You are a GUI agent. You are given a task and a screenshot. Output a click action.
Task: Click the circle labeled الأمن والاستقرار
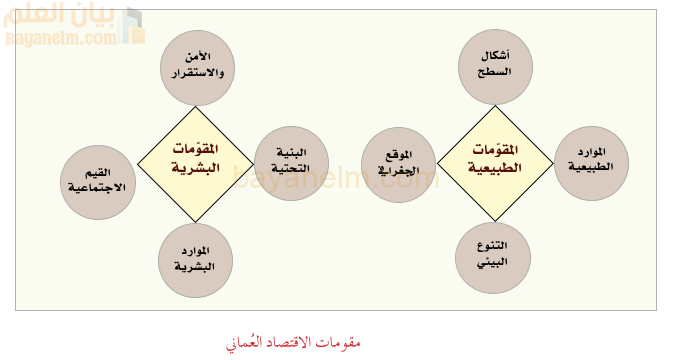pyautogui.click(x=197, y=63)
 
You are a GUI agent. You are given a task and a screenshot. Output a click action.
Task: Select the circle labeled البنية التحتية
pyautogui.click(x=292, y=162)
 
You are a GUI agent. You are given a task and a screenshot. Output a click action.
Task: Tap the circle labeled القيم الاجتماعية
pyautogui.click(x=97, y=181)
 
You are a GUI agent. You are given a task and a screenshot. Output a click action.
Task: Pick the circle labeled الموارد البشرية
pyautogui.click(x=197, y=259)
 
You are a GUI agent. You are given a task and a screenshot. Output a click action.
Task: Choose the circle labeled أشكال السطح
pyautogui.click(x=496, y=63)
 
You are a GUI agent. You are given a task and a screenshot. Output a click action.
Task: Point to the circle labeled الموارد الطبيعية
pyautogui.click(x=591, y=162)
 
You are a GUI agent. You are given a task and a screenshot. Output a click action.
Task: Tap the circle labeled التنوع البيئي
pyautogui.click(x=494, y=257)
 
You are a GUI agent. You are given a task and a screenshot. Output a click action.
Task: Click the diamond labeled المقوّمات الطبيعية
pyautogui.click(x=496, y=160)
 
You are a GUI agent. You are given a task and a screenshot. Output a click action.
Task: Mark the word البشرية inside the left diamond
pyautogui.click(x=196, y=169)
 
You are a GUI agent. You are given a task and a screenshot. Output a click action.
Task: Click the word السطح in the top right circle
pyautogui.click(x=496, y=72)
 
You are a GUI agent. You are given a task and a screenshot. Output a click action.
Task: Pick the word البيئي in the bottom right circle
pyautogui.click(x=494, y=265)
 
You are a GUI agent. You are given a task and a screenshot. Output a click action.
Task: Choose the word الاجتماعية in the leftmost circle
pyautogui.click(x=97, y=188)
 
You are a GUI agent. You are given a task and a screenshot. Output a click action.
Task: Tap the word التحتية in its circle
pyautogui.click(x=292, y=170)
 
